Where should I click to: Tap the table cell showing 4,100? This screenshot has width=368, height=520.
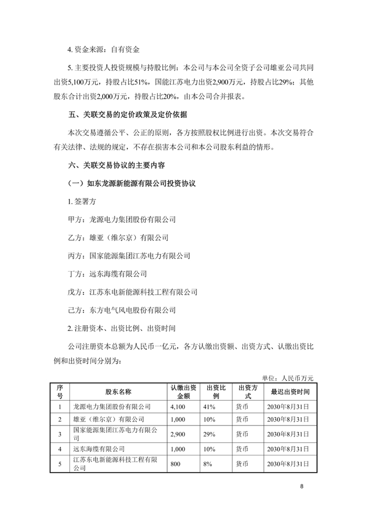point(178,406)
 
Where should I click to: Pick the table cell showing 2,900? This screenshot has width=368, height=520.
point(178,434)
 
